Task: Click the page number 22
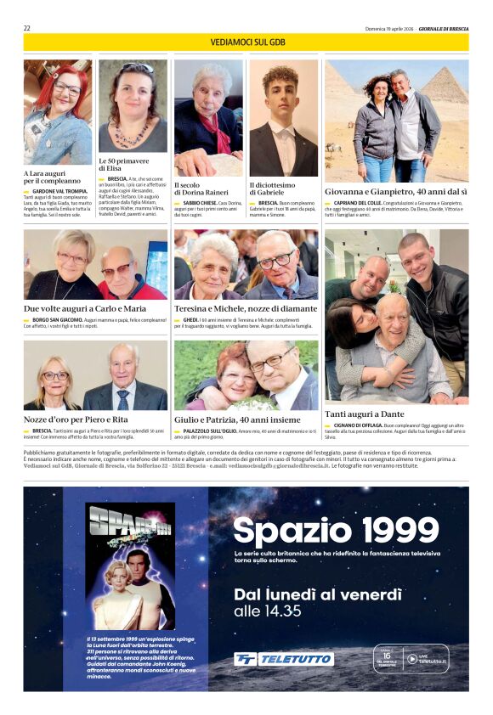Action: tap(27, 28)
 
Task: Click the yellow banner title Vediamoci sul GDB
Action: tap(246, 42)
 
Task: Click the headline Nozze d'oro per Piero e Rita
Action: tap(76, 419)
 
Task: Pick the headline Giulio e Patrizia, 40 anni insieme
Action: tap(237, 419)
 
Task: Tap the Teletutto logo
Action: tap(284, 659)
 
